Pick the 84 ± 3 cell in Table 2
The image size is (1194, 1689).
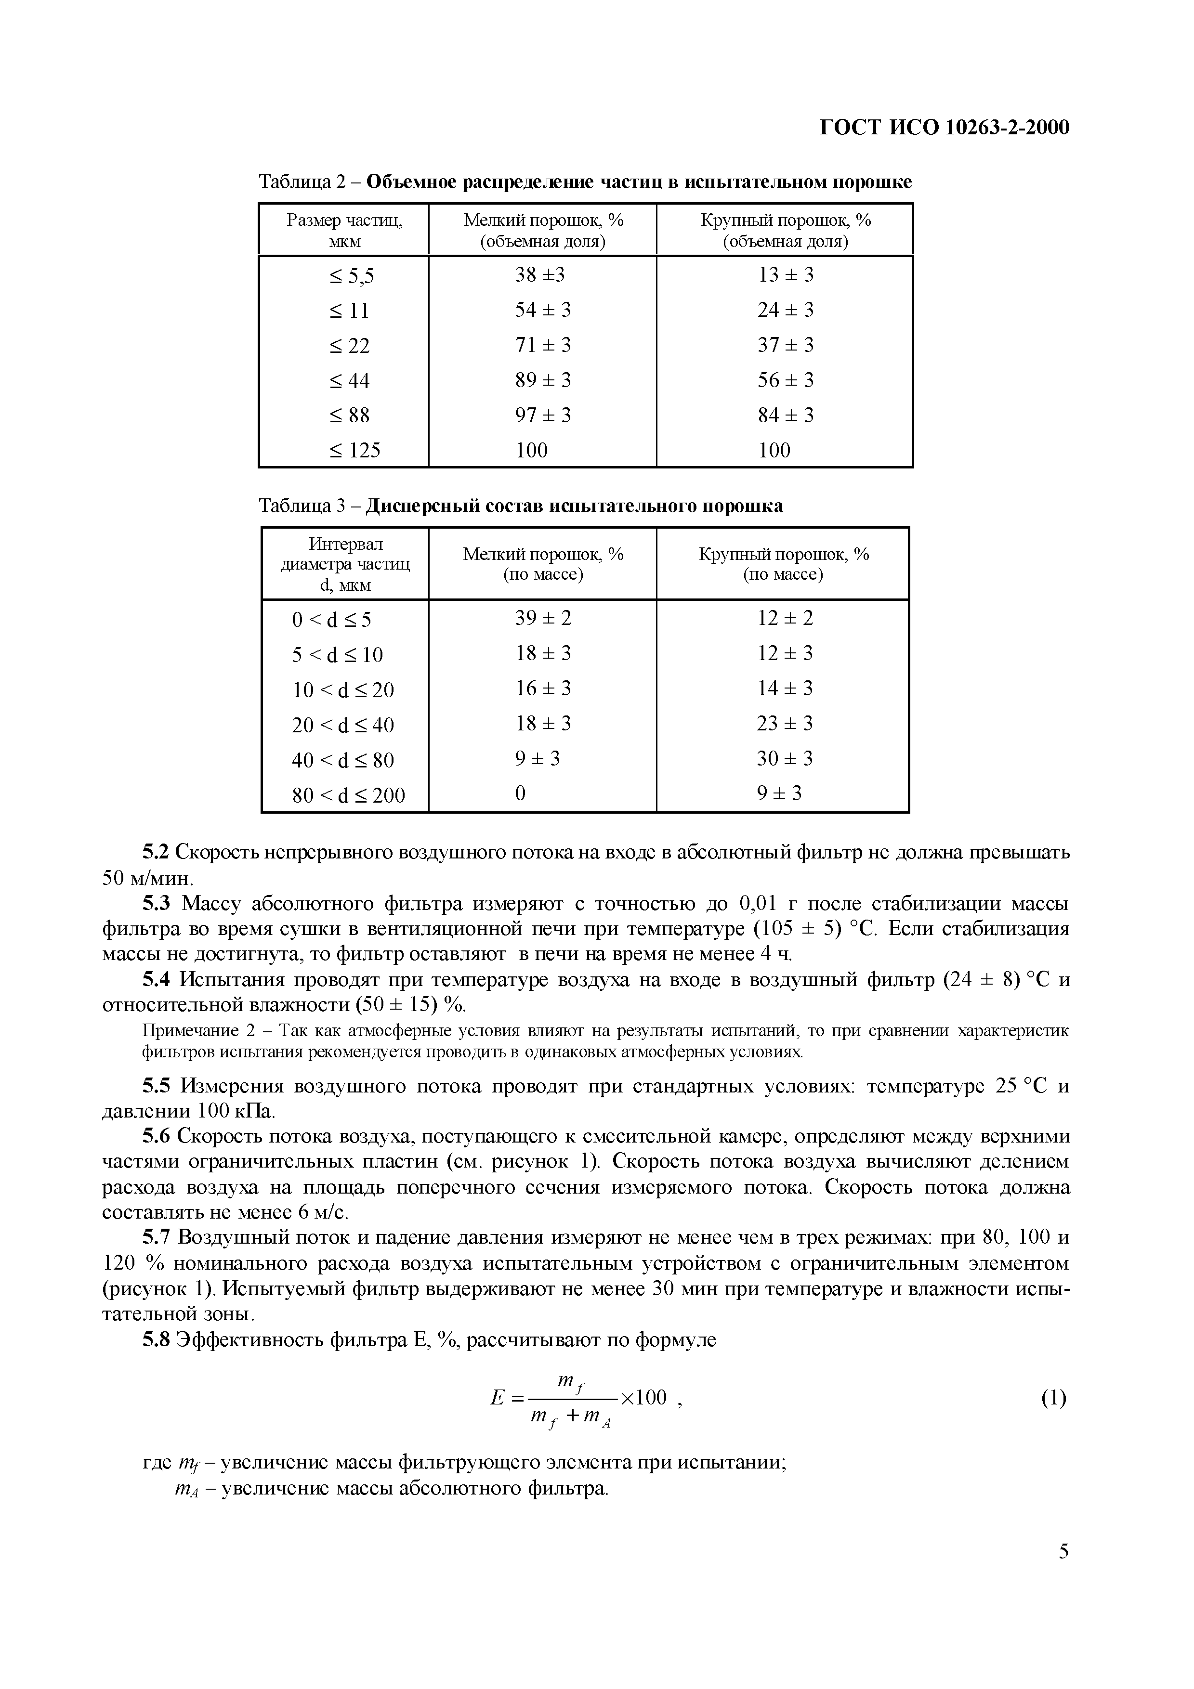pos(786,416)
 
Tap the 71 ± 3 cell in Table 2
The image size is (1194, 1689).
pos(542,345)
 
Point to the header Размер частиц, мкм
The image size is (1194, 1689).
pos(344,230)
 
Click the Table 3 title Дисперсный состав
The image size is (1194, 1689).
pos(574,506)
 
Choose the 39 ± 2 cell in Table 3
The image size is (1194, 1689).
pos(542,618)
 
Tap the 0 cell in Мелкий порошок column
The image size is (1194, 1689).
pos(520,794)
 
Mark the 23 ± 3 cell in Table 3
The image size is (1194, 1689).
pos(784,723)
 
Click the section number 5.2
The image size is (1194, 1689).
pos(155,853)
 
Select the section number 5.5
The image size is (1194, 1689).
pos(155,1087)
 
